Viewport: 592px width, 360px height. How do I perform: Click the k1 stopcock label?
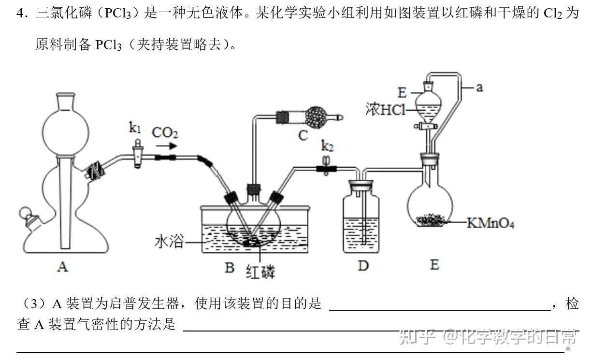tap(135, 128)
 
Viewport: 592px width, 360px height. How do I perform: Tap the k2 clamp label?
tap(327, 145)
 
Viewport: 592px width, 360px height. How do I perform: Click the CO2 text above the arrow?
tap(165, 132)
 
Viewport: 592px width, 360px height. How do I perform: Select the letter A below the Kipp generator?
tap(62, 266)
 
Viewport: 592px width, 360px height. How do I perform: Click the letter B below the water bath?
tap(230, 267)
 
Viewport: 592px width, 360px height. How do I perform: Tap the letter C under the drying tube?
tap(303, 135)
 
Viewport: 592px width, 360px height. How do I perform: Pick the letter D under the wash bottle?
tap(363, 265)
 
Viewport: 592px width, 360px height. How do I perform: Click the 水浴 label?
tap(169, 241)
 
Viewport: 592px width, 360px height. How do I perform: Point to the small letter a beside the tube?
tap(479, 87)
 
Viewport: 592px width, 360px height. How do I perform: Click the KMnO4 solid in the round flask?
tap(432, 220)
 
